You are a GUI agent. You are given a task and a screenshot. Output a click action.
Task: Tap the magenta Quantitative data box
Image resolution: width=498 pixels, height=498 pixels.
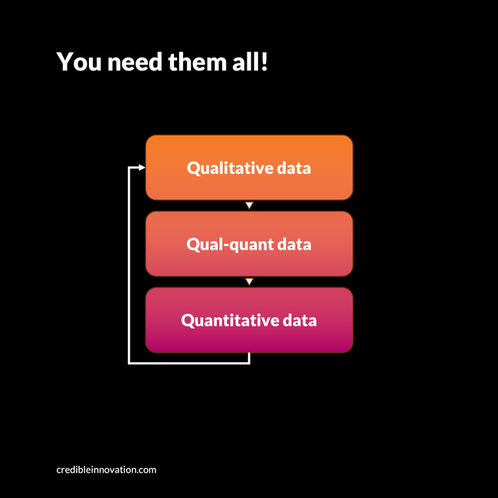(x=249, y=337)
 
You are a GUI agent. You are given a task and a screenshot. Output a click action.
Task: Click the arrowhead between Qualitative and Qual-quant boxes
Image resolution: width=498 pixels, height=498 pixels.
(x=249, y=205)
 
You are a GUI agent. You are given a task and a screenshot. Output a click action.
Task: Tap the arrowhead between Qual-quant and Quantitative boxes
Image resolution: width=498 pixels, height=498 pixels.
(x=249, y=281)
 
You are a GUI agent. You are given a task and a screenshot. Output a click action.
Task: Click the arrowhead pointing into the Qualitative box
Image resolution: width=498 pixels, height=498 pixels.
(x=142, y=167)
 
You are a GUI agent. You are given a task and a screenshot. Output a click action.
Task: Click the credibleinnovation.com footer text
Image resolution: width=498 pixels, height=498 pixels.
(x=106, y=469)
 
